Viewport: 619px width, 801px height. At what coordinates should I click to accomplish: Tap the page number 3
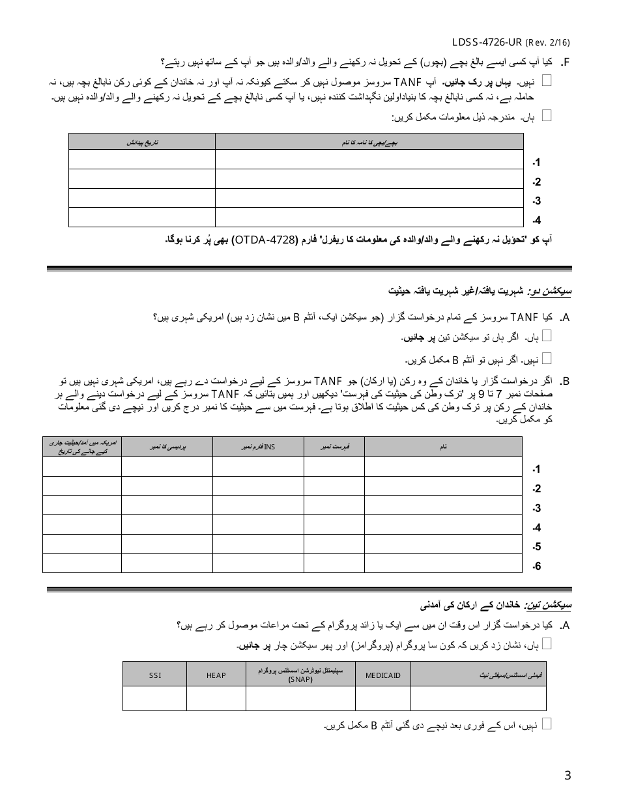coord(568,775)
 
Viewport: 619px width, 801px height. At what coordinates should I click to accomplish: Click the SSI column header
coord(154,675)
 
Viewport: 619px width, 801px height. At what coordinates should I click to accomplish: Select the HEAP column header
coord(216,675)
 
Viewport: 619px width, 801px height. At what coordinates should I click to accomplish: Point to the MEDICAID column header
coord(383,675)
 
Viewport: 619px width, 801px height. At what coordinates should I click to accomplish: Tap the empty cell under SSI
coord(154,698)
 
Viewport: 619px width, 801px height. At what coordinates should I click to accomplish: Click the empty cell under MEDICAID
coord(383,698)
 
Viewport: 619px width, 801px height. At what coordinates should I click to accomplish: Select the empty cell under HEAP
coord(216,698)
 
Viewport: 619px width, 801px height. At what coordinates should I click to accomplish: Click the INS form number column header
coord(258,447)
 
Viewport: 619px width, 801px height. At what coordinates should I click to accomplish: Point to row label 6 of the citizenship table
coord(536,567)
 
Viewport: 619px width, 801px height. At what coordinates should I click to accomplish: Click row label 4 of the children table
coord(536,220)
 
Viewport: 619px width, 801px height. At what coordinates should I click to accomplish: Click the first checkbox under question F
coord(547,80)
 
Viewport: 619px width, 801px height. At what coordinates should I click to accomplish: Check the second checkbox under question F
coord(547,115)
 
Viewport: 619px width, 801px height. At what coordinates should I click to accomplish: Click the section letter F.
coord(565,63)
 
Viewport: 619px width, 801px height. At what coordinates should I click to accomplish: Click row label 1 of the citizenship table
coord(536,470)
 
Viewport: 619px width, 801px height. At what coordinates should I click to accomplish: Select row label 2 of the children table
coord(536,182)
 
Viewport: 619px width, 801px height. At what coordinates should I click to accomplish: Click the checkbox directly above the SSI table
coord(547,643)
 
